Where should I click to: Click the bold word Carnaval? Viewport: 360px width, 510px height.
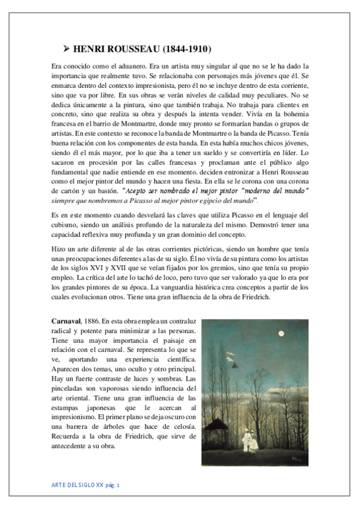(x=66, y=321)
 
